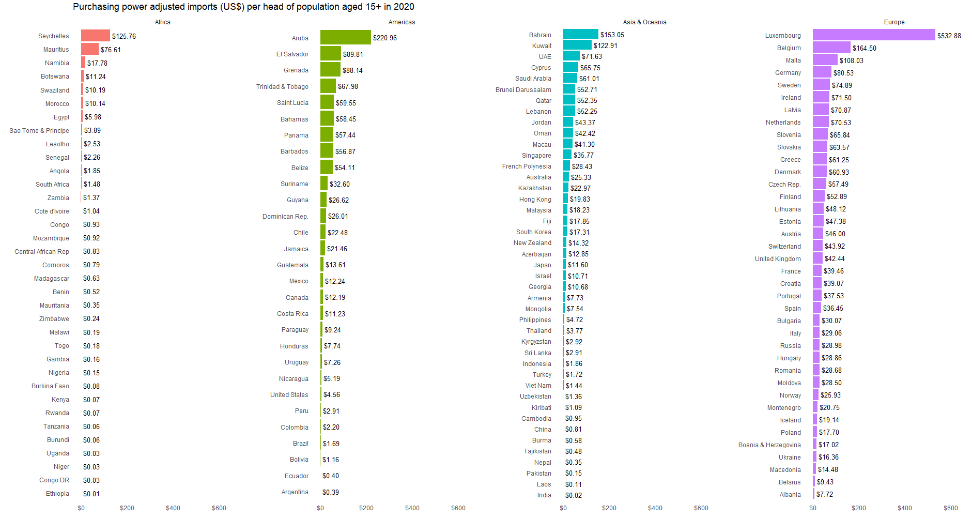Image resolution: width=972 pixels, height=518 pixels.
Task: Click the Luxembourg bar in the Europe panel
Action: [873, 35]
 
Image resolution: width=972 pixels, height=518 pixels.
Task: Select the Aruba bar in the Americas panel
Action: [345, 37]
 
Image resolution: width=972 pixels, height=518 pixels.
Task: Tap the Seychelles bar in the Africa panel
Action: [95, 36]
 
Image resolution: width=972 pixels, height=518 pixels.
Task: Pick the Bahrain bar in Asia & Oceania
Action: [580, 34]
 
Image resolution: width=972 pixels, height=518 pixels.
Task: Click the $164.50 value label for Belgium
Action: [864, 48]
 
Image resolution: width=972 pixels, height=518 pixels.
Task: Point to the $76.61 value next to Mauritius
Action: [111, 50]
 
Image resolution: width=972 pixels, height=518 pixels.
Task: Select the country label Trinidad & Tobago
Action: [282, 87]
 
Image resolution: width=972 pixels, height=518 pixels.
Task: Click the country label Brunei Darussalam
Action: [523, 90]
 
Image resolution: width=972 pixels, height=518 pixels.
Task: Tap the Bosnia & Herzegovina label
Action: [769, 445]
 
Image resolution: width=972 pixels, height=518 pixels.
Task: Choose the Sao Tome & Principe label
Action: [39, 131]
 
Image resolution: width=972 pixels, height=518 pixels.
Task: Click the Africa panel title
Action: [162, 22]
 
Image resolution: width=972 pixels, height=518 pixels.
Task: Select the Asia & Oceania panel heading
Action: [644, 22]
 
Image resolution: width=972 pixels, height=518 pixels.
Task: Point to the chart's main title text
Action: [243, 7]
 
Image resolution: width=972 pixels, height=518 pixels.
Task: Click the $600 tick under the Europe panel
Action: [950, 508]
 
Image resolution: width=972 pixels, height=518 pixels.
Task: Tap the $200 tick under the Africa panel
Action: [127, 508]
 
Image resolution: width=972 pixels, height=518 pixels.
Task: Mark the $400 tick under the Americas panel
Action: [412, 508]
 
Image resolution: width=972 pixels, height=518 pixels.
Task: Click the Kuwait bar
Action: [577, 45]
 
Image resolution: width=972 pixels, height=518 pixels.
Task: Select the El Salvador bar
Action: [330, 54]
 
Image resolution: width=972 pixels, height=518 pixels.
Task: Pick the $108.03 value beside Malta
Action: [851, 60]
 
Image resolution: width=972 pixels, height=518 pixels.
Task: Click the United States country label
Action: [289, 395]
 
